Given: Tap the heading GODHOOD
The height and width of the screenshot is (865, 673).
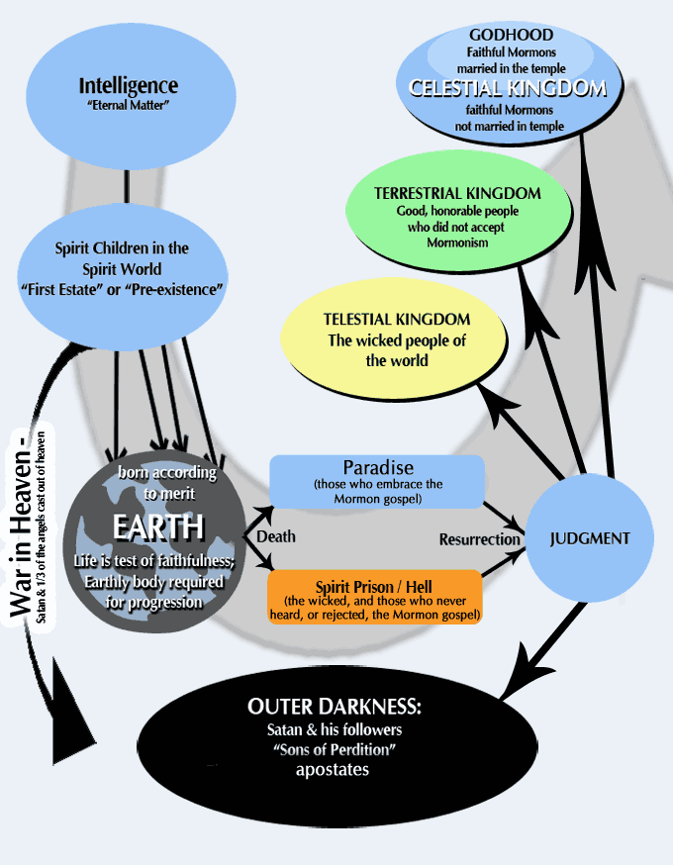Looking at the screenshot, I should (x=512, y=35).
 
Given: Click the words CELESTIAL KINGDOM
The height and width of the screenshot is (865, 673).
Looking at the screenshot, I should (x=508, y=89).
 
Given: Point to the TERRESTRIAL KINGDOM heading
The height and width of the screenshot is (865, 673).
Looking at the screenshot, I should (x=458, y=193).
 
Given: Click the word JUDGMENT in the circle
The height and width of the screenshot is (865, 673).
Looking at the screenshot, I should (x=589, y=539).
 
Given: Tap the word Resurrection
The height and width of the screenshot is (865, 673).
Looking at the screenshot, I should (x=480, y=539).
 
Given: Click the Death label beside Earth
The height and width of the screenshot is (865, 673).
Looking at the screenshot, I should (x=276, y=536).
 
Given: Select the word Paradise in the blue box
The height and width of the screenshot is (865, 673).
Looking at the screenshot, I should (x=377, y=467).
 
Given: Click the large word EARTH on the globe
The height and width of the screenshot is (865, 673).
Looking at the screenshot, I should (x=158, y=527).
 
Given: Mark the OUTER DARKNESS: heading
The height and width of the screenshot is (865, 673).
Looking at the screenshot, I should (x=336, y=709).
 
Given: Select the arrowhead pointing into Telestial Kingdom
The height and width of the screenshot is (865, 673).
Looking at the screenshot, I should (x=492, y=399).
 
